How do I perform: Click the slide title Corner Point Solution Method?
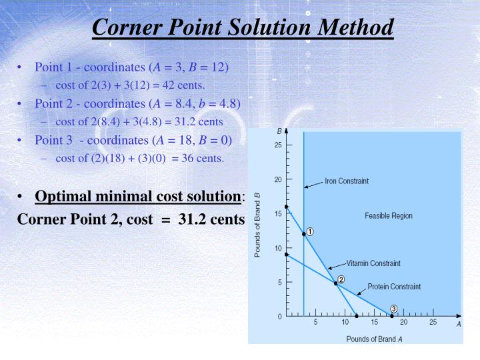[243, 27]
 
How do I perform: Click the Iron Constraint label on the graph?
[346, 181]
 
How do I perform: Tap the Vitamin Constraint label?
[374, 263]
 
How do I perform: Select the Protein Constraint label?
[394, 287]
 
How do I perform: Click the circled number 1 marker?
[310, 232]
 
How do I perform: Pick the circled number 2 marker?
[341, 279]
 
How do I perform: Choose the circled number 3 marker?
[394, 309]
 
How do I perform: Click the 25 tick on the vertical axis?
[278, 145]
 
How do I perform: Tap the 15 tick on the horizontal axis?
[374, 322]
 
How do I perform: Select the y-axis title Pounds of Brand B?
[257, 224]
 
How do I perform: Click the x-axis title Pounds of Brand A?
[374, 339]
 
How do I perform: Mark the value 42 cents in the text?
[188, 85]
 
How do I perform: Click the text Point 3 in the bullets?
[53, 140]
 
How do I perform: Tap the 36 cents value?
[207, 158]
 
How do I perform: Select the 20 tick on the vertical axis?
[278, 179]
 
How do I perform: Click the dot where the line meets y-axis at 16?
[287, 207]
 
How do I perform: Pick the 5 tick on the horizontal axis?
[316, 322]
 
